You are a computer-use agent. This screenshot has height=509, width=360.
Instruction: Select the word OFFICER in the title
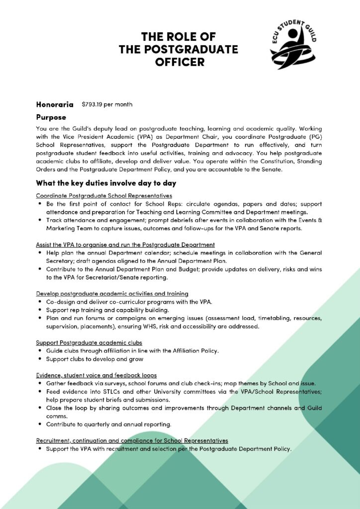[x=180, y=62]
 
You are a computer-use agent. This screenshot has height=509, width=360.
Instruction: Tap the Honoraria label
[x=55, y=104]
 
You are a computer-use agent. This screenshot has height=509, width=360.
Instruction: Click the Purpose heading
[x=51, y=117]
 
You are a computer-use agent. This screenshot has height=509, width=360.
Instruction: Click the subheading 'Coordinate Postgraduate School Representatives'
[x=104, y=196]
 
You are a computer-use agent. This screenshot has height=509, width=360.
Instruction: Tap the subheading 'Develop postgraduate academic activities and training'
[x=112, y=294]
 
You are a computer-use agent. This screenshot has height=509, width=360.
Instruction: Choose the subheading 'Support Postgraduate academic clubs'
[x=89, y=342]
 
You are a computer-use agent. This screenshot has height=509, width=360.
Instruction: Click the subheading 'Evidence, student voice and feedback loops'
[x=96, y=375]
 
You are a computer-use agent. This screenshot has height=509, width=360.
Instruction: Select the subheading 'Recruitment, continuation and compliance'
[x=132, y=440]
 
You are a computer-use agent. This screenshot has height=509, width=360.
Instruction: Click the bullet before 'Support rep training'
[x=39, y=310]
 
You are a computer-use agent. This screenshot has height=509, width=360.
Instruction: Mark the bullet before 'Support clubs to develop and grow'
[x=39, y=359]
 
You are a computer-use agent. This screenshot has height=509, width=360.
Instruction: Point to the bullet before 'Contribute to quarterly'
[x=39, y=424]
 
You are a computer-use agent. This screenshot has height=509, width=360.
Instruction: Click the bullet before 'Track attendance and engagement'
[x=39, y=220]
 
